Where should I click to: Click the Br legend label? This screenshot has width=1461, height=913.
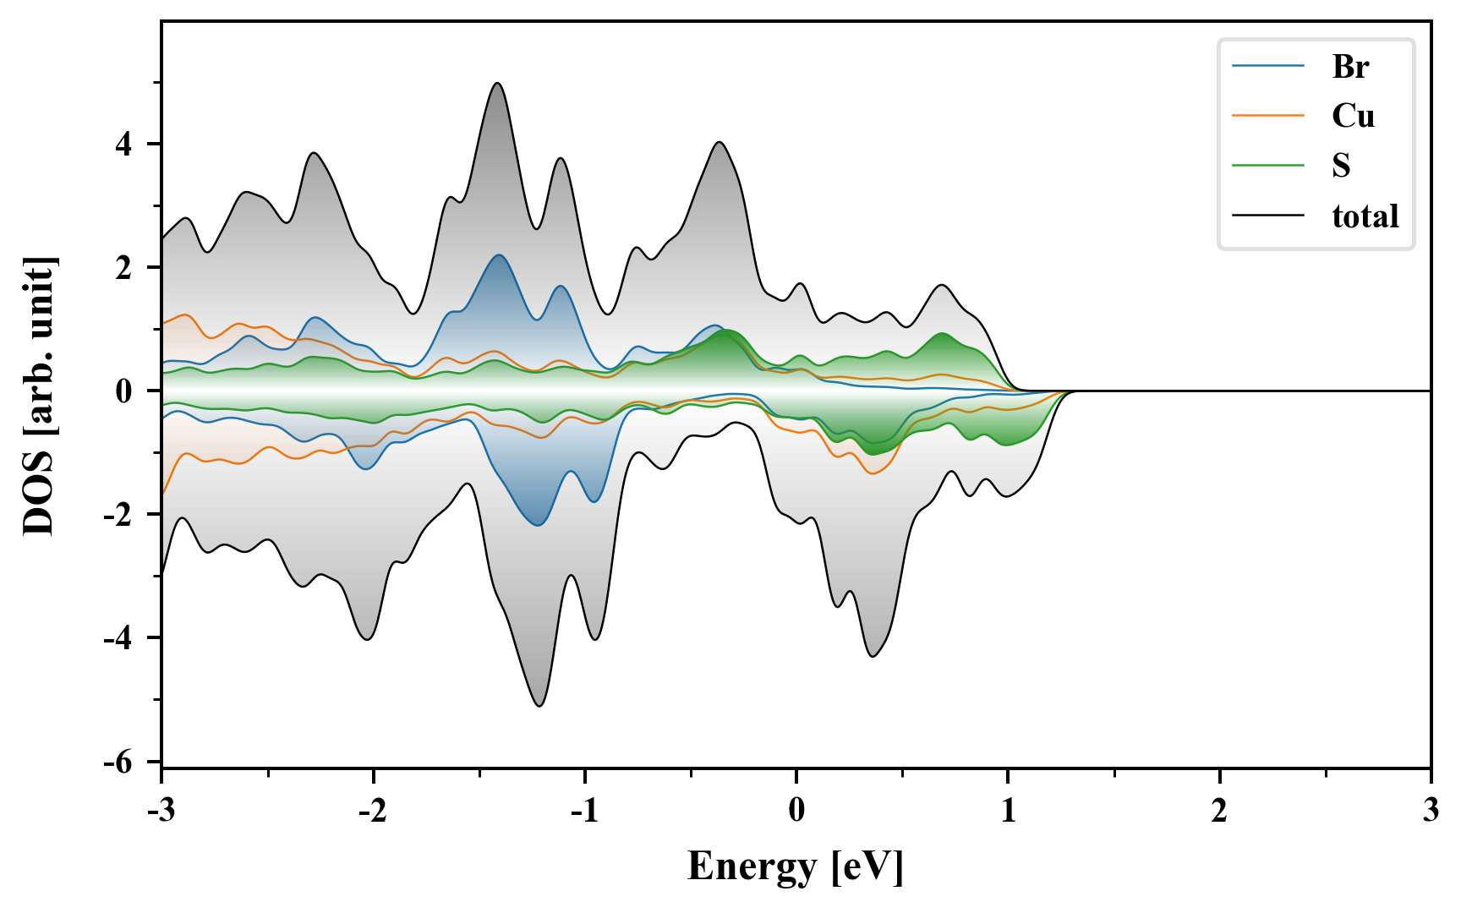tap(1349, 67)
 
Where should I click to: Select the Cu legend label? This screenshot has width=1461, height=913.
tap(1353, 116)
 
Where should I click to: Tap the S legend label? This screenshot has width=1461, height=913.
tap(1341, 166)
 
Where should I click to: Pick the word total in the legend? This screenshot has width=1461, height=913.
tap(1365, 216)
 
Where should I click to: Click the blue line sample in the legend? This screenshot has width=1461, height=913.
tap(1267, 67)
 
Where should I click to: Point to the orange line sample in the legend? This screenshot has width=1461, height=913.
tap(1267, 116)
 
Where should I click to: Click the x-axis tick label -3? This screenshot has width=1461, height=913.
tap(161, 812)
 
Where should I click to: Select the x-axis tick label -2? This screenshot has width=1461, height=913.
tap(372, 812)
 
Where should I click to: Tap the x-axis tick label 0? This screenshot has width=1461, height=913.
tap(796, 812)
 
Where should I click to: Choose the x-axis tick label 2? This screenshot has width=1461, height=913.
tap(1219, 812)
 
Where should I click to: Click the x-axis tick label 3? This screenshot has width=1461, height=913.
tap(1431, 812)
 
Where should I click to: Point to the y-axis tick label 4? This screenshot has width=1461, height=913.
tap(124, 145)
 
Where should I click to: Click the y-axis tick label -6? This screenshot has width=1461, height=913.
tap(118, 763)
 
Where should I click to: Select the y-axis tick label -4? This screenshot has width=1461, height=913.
tap(118, 638)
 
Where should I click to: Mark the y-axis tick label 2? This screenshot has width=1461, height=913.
tap(124, 268)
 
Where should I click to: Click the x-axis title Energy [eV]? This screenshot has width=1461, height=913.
tap(796, 867)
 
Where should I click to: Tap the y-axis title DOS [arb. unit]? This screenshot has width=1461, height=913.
tap(38, 396)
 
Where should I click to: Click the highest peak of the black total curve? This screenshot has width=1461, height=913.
tap(497, 83)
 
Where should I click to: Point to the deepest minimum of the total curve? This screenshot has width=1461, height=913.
tap(539, 706)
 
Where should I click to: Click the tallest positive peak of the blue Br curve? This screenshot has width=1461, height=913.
tap(499, 255)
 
